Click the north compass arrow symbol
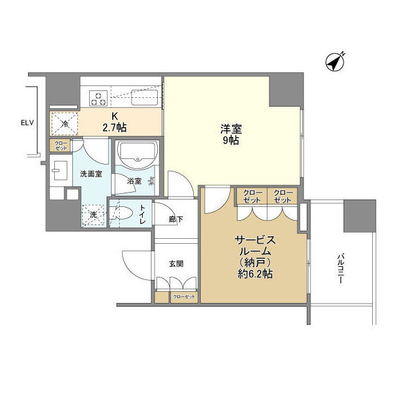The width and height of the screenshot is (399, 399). [x=335, y=62]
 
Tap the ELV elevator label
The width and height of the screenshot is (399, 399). [x=27, y=123]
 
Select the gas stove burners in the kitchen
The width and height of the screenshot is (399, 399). [x=99, y=99]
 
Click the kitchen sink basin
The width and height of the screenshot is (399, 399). [x=144, y=97]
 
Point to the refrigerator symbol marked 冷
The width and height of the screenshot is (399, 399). [x=65, y=124]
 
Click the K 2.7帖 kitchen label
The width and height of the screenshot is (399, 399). [x=115, y=122]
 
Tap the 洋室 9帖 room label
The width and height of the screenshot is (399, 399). [x=231, y=134]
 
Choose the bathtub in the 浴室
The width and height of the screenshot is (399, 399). [x=137, y=154]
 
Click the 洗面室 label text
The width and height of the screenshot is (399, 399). [x=91, y=174]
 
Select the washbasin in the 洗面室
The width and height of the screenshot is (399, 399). [x=60, y=170]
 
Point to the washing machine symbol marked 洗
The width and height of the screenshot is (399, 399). [x=94, y=215]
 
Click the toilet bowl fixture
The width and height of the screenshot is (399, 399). [x=122, y=212]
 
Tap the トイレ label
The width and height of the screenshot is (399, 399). [x=142, y=214]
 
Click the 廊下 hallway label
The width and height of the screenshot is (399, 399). [x=176, y=219]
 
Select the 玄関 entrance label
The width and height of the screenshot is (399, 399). [x=176, y=264]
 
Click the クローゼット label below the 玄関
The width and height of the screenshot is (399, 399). [x=184, y=297]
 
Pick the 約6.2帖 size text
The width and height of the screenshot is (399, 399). [x=255, y=274]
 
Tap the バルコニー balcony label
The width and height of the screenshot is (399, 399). [x=340, y=269]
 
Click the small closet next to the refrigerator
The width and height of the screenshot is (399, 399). [x=61, y=146]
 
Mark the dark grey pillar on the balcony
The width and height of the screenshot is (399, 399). [x=360, y=216]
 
